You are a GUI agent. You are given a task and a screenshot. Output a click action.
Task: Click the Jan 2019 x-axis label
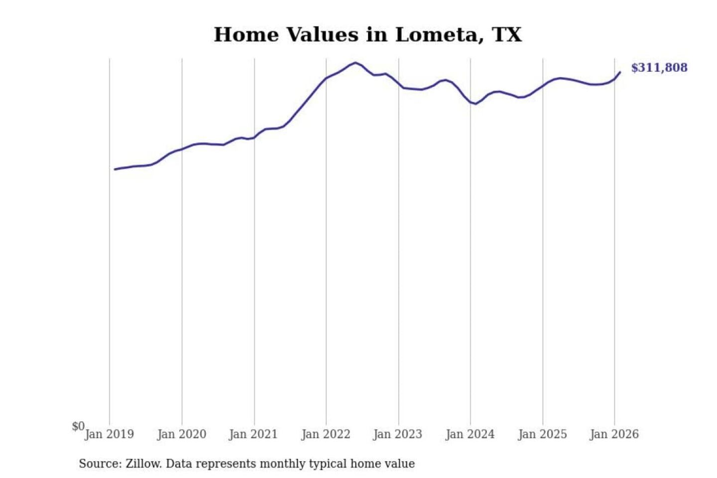[109, 434]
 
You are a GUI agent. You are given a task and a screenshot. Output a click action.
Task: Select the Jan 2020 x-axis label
[182, 434]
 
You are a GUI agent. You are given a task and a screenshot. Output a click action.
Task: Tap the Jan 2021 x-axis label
[253, 434]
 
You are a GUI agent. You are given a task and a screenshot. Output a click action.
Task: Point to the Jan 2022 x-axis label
[326, 434]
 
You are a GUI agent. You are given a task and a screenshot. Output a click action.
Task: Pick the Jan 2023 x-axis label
[398, 434]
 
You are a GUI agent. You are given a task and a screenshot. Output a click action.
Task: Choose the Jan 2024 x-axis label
[470, 434]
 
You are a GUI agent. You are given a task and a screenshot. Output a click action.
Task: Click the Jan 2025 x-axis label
[542, 434]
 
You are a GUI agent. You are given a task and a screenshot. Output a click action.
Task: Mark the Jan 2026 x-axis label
[614, 434]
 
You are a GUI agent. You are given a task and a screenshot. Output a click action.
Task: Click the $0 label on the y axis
[78, 426]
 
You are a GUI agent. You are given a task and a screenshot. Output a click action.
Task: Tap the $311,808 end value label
[659, 68]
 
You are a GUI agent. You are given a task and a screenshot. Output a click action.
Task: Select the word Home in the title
[246, 35]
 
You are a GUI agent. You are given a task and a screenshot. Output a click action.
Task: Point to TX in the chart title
[507, 35]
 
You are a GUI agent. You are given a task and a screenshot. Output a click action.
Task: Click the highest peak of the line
[355, 63]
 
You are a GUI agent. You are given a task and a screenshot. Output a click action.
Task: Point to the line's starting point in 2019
[115, 169]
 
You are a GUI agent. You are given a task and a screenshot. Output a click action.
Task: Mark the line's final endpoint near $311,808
[620, 72]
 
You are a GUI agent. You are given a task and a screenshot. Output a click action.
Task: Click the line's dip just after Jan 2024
[476, 104]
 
